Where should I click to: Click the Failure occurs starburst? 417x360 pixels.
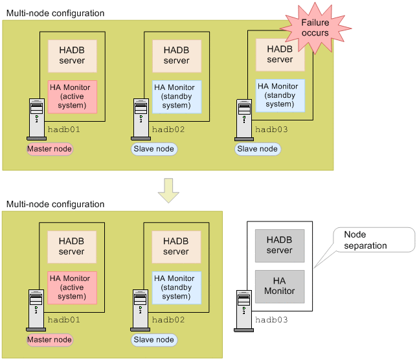pyautogui.click(x=315, y=28)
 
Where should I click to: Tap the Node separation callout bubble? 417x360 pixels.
pyautogui.click(x=374, y=240)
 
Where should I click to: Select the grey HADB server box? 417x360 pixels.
pyautogui.click(x=280, y=245)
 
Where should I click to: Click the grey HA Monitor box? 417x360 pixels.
pyautogui.click(x=280, y=286)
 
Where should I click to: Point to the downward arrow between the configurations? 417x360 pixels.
pyautogui.click(x=169, y=188)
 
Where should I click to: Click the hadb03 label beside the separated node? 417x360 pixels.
pyautogui.click(x=271, y=320)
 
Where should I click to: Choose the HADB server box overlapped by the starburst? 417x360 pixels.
pyautogui.click(x=280, y=56)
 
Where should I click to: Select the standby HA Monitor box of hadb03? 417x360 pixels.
pyautogui.click(x=280, y=95)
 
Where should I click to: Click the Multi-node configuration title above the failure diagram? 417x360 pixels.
pyautogui.click(x=55, y=13)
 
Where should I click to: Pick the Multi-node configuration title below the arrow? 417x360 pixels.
pyautogui.click(x=55, y=204)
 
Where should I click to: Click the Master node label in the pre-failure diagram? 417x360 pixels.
pyautogui.click(x=49, y=149)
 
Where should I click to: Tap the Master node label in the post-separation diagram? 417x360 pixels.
pyautogui.click(x=49, y=339)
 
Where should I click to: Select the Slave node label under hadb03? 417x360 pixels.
pyautogui.click(x=258, y=149)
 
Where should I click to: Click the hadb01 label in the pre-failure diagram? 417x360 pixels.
pyautogui.click(x=64, y=129)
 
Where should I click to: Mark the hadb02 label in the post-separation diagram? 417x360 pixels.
pyautogui.click(x=168, y=320)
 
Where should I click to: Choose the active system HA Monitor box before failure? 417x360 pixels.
pyautogui.click(x=73, y=96)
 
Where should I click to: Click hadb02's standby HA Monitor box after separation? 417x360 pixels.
pyautogui.click(x=176, y=287)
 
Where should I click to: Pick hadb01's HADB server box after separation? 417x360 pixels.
pyautogui.click(x=72, y=246)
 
